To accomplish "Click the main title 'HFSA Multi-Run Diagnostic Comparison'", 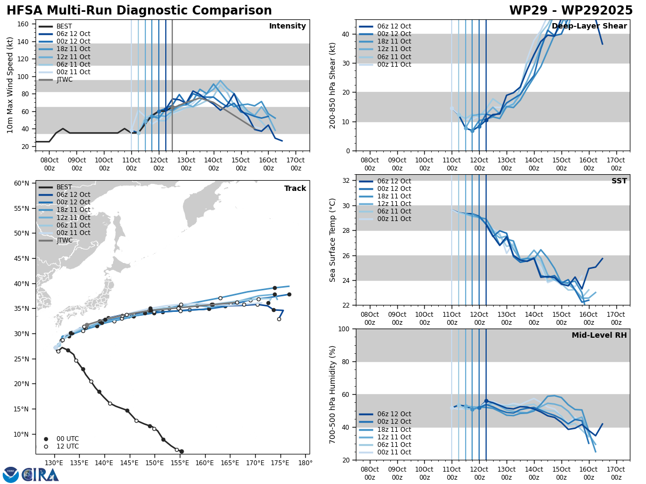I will click(x=139, y=11).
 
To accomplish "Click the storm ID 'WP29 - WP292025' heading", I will click(x=571, y=11).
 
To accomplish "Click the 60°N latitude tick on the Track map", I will click(x=22, y=183).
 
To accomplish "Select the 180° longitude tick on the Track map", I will click(x=305, y=463).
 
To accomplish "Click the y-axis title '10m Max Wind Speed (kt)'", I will click(x=9, y=85).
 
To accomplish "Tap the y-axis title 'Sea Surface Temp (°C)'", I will click(x=333, y=240).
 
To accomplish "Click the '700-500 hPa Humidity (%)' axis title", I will click(x=333, y=394).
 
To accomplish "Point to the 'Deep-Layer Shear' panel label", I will click(x=589, y=26).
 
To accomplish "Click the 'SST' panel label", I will click(x=619, y=181).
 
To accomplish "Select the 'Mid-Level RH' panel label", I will click(x=599, y=336).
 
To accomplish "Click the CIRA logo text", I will click(x=40, y=475).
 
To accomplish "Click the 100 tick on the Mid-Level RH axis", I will click(x=345, y=329).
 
